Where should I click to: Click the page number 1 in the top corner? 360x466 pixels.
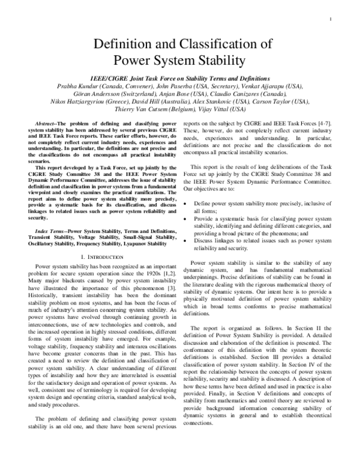(x=331, y=19)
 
